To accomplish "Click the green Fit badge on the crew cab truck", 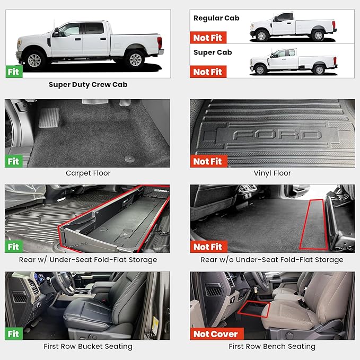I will point(14,72).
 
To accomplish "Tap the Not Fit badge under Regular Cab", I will point(208,38).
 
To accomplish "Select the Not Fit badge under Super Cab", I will point(208,72).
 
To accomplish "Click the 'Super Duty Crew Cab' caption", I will point(88,84).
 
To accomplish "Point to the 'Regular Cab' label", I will point(216,18).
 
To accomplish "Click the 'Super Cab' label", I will point(212,52).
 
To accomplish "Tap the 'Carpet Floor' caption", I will point(88,173).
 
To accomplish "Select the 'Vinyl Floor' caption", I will point(272,173).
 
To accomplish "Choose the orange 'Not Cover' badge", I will point(215,334).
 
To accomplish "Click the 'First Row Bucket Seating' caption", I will point(88,346).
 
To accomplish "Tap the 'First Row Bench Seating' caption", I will point(272,346).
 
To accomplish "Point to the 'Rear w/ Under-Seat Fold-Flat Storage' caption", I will point(88,260).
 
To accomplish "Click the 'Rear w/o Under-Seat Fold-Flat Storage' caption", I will point(272,260).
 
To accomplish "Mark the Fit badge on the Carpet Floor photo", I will point(14,161).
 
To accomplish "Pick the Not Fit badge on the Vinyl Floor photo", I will point(208,161).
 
